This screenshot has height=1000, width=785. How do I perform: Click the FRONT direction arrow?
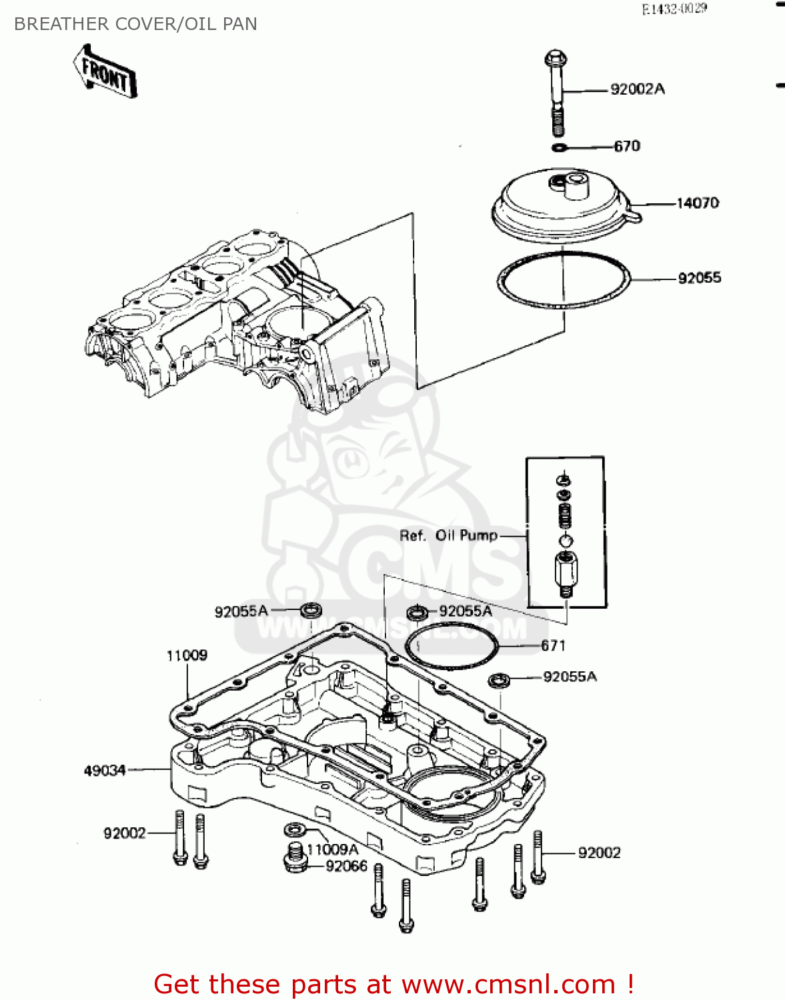tap(105, 72)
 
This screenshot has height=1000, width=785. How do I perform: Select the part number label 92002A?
tap(637, 89)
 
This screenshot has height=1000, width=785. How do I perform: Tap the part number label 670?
tap(626, 146)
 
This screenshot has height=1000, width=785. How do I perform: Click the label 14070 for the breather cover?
tap(697, 203)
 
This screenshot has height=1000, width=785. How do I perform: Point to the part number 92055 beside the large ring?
tap(699, 278)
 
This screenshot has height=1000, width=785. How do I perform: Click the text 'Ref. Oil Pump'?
tap(448, 535)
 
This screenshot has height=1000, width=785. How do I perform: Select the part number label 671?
tap(553, 645)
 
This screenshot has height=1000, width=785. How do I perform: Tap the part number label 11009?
tap(187, 655)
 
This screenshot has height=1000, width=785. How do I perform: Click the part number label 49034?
tap(105, 771)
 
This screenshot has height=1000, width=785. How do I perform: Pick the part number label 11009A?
tap(332, 849)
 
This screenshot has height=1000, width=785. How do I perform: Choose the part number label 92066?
tap(346, 866)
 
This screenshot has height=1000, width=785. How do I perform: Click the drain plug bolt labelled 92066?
tap(294, 858)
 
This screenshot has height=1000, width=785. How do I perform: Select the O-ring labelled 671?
tap(452, 646)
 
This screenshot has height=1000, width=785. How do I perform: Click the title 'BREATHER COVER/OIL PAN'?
tap(135, 24)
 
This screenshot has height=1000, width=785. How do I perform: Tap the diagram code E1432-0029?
tap(674, 9)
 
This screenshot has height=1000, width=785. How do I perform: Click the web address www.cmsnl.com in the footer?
tap(509, 984)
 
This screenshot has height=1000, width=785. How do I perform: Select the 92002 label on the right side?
tap(599, 853)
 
